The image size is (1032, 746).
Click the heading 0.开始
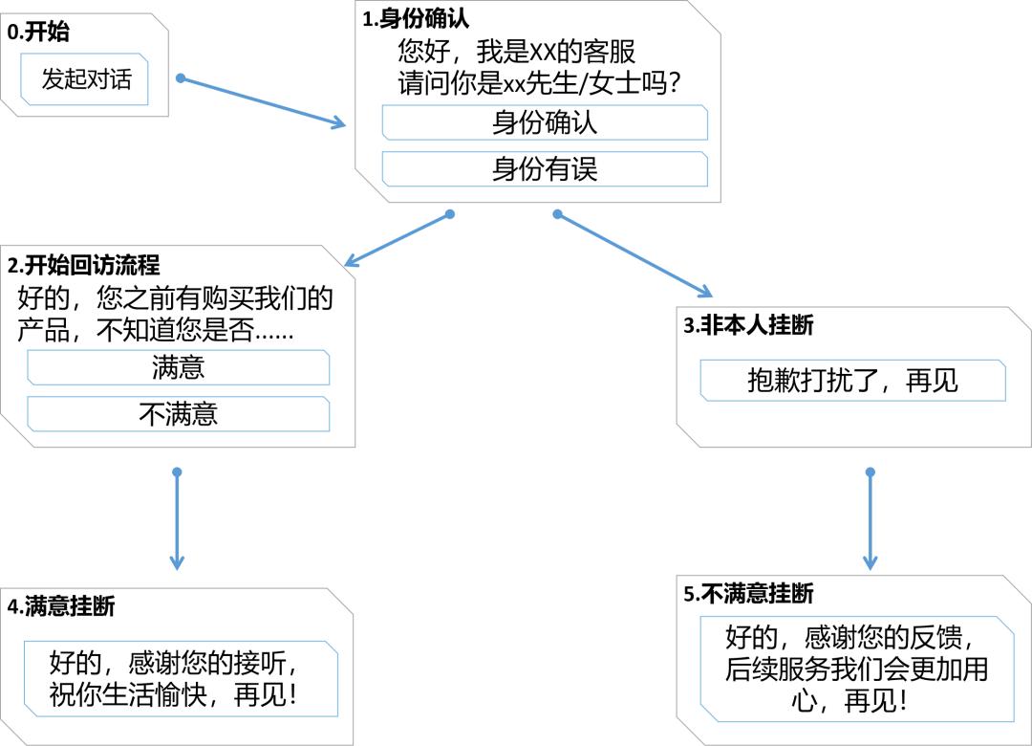[38, 33]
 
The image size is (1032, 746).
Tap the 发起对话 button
[86, 79]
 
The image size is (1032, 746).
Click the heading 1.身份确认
[416, 18]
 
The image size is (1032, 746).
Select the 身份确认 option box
[545, 123]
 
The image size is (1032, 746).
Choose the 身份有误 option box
[545, 169]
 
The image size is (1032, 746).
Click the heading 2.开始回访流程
[83, 265]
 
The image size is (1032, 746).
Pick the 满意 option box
[179, 368]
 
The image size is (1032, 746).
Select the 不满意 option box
[179, 414]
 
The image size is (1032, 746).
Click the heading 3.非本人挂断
[748, 325]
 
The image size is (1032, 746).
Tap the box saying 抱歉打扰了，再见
[852, 381]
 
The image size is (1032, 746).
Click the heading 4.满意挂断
[60, 606]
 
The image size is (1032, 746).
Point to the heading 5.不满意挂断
[748, 594]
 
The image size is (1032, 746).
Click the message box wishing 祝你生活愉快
[181, 678]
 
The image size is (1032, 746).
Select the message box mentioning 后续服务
[856, 669]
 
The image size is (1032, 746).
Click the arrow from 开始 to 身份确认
[263, 101]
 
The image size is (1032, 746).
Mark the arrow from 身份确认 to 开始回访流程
[397, 240]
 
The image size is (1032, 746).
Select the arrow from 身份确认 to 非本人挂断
[635, 255]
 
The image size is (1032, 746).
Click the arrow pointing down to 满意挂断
[177, 521]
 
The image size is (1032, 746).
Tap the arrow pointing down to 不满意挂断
[870, 521]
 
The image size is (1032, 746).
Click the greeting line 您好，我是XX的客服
[516, 51]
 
